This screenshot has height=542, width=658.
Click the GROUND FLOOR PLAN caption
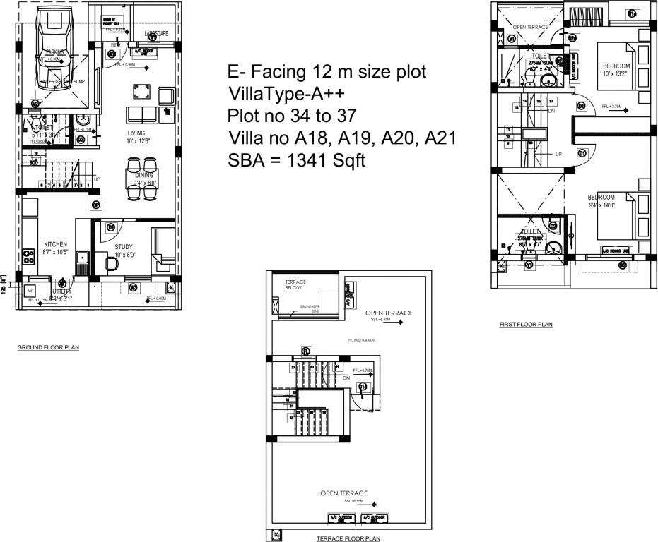[x=48, y=348]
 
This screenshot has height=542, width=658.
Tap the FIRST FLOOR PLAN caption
[x=526, y=325]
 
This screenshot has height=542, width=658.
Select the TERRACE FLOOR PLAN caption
[x=348, y=538]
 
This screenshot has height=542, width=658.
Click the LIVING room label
[x=136, y=133]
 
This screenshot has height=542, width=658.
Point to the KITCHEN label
[x=55, y=243]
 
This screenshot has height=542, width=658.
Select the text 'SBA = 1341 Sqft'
[x=297, y=160]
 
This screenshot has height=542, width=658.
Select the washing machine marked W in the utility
[x=30, y=290]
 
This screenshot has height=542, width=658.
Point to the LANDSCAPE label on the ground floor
[x=156, y=33]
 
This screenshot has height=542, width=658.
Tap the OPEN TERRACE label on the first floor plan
[x=529, y=28]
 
